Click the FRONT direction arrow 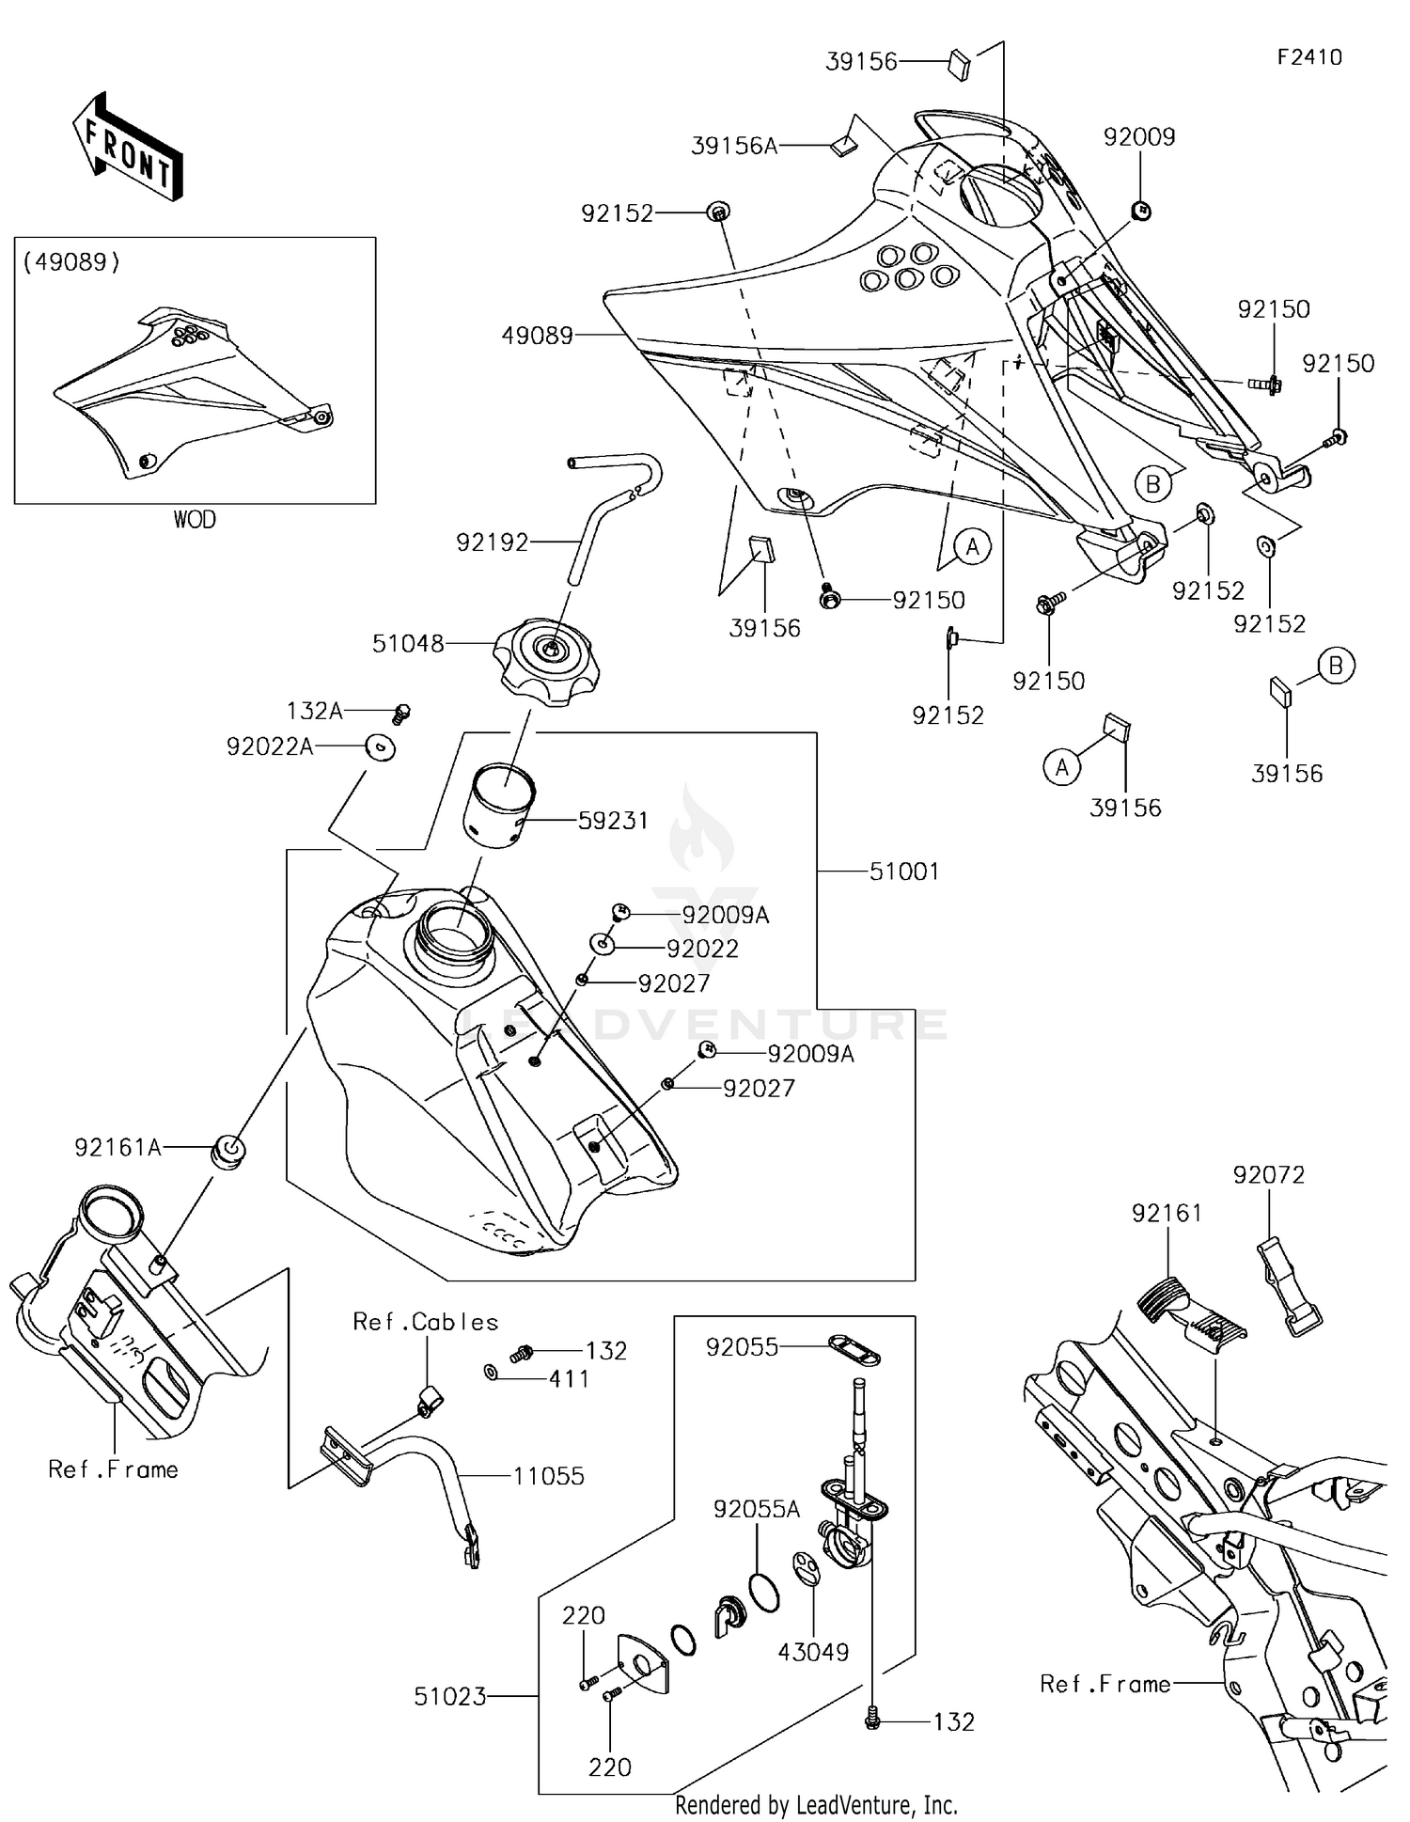coord(127,148)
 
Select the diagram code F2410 coord(1309,57)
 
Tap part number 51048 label coord(408,644)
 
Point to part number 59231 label coord(613,821)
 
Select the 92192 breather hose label coord(493,542)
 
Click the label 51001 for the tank coord(904,872)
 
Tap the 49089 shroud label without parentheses coord(538,336)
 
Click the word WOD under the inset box coord(195,519)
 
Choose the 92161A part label coord(117,1148)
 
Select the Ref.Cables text coord(426,1322)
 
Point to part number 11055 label coord(548,1476)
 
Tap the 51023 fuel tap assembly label coord(450,1697)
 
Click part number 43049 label coord(814,1652)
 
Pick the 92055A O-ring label coord(757,1510)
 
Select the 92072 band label coord(1269,1175)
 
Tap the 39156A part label coord(734,146)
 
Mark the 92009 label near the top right coord(1139,137)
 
